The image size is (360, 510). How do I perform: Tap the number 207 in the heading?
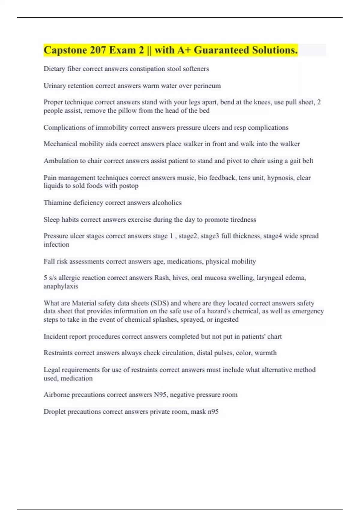tap(97, 50)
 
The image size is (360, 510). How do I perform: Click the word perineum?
tap(207, 86)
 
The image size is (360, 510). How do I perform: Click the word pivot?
tap(234, 161)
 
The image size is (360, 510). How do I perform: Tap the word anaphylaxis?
tap(61, 286)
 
